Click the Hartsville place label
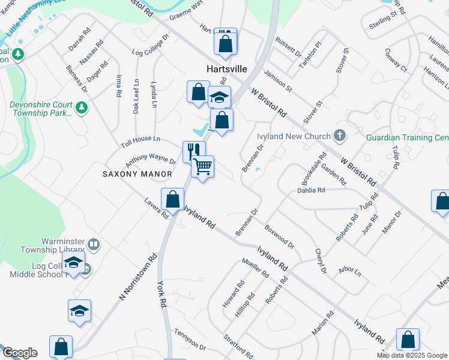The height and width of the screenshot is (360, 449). tap(228, 69)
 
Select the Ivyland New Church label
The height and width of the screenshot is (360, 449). tap(294, 136)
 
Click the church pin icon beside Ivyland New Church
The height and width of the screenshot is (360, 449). tap(340, 136)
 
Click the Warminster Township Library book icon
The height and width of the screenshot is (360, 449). tap(93, 245)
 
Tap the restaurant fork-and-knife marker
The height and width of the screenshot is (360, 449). tap(194, 151)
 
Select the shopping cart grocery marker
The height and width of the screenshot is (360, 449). tap(203, 166)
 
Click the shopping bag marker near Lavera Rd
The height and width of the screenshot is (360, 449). tap(172, 199)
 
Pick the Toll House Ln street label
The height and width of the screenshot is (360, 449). tap(140, 139)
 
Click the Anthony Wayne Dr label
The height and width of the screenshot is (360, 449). tap(150, 161)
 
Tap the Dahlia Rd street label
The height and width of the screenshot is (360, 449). tap(311, 190)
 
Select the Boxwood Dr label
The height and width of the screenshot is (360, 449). tap(279, 236)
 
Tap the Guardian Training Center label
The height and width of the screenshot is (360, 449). tap(408, 137)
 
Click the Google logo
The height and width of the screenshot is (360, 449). tap(20, 353)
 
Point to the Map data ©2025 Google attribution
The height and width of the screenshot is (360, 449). tap(412, 355)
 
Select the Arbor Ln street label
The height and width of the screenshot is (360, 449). tap(350, 272)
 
